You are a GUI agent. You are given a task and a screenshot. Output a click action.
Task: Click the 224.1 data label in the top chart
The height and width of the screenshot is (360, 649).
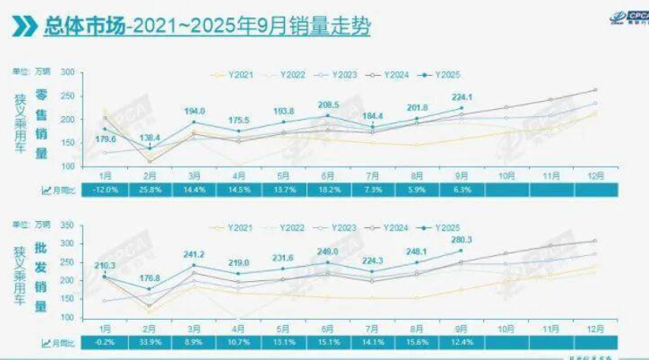pos(461,97)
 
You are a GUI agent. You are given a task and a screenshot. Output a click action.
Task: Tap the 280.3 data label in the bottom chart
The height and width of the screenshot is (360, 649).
pos(461,240)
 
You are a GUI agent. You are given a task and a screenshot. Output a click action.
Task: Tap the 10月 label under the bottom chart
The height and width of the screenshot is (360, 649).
pos(505,328)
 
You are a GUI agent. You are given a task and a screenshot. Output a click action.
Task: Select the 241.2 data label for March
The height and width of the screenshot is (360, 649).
pos(193,255)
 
